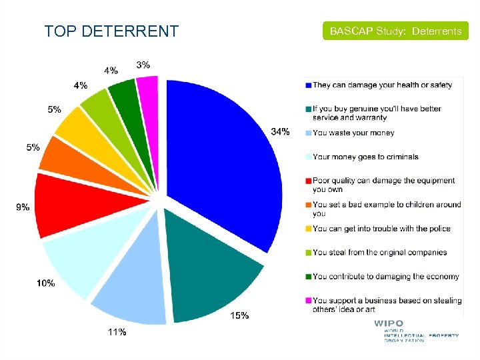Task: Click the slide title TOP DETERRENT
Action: [x=111, y=31]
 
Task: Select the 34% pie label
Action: [x=280, y=131]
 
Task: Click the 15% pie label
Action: [x=240, y=315]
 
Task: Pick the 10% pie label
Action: [x=46, y=283]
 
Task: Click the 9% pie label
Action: [x=23, y=207]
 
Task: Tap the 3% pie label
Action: [x=143, y=65]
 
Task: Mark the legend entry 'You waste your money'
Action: [x=353, y=133]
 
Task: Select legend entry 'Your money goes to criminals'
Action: [x=365, y=157]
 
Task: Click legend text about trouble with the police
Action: [x=381, y=229]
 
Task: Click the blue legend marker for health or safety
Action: [x=308, y=85]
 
